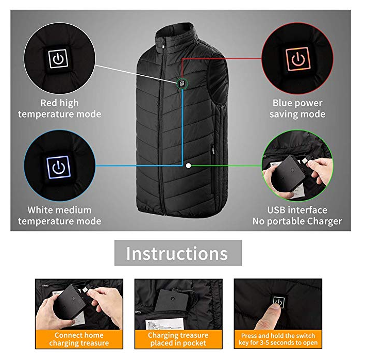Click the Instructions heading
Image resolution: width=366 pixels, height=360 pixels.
tap(177, 253)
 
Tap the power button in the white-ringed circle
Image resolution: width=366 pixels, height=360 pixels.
tap(58, 59)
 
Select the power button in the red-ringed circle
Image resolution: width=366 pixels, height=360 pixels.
tap(298, 59)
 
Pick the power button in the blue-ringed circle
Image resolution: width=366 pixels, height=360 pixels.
tap(58, 167)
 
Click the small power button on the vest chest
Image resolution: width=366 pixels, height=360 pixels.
tap(182, 84)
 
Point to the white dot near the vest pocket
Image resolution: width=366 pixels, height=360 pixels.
tap(188, 166)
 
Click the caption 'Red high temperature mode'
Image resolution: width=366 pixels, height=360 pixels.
tap(59, 109)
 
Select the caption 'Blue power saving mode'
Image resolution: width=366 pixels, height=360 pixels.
tap(297, 109)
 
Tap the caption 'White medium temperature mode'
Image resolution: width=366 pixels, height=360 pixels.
tap(59, 216)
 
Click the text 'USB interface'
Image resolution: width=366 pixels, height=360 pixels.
tap(297, 210)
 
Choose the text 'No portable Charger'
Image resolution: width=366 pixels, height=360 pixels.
tap(297, 221)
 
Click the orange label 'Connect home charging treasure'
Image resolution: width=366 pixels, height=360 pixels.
tap(79, 339)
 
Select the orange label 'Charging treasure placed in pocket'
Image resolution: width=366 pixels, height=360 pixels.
tap(178, 339)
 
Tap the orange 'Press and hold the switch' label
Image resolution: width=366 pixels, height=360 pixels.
tap(278, 339)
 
